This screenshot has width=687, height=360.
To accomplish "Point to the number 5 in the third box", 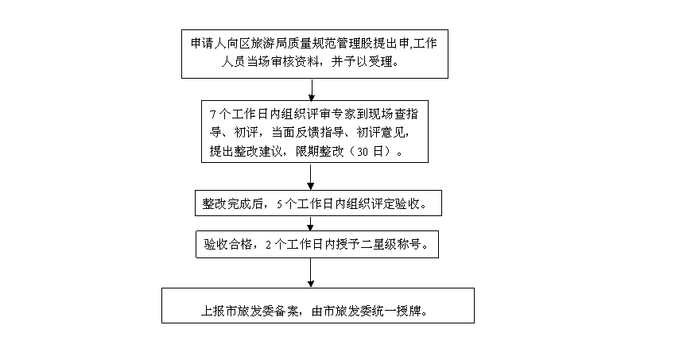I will pos(279,204).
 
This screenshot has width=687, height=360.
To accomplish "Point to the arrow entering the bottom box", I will pos(311,273).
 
